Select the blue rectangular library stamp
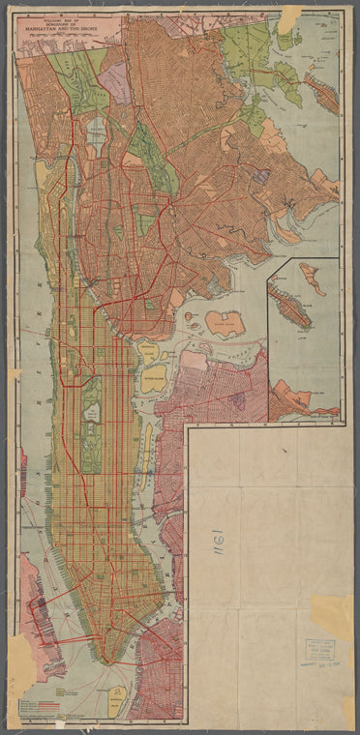pyautogui.click(x=320, y=650)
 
